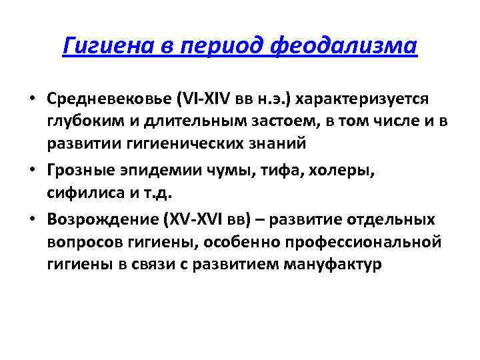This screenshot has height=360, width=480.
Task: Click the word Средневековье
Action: tap(109, 99)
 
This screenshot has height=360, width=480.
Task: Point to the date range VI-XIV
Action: tap(201, 99)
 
